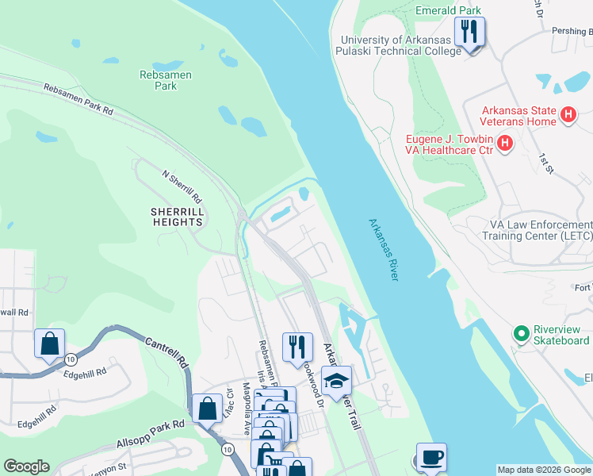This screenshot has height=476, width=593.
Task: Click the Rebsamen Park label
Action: tap(166, 80)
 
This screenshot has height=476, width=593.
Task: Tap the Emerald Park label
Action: tap(448, 11)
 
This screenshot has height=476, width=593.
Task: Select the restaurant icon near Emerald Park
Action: tap(469, 32)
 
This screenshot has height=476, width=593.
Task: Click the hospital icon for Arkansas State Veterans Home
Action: tap(568, 115)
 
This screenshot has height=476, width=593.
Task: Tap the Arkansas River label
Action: tap(383, 249)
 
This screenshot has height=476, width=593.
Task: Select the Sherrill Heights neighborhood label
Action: tap(178, 217)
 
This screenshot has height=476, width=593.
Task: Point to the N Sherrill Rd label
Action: tap(182, 186)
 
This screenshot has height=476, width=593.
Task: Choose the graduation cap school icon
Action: tap(336, 382)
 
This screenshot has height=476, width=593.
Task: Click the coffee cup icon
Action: tap(431, 457)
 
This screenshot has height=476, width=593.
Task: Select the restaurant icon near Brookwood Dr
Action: tap(297, 347)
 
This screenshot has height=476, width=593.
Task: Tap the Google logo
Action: tap(26, 466)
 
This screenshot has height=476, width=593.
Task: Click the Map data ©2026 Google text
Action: tap(544, 470)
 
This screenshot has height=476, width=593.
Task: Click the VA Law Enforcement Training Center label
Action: tap(536, 230)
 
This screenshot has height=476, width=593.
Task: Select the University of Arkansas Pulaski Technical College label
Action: tap(400, 45)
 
